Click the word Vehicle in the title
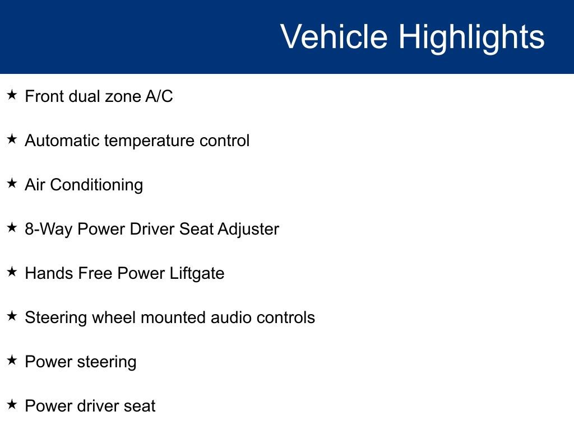tap(334, 37)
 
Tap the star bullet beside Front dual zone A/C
tap(12, 95)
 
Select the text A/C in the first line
tap(159, 96)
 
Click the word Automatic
tap(61, 141)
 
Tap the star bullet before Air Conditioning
tap(12, 184)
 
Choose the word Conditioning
tap(96, 185)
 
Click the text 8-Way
tap(49, 230)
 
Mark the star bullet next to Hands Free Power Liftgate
tap(12, 272)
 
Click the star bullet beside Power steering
tap(12, 361)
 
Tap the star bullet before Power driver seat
tap(12, 405)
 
